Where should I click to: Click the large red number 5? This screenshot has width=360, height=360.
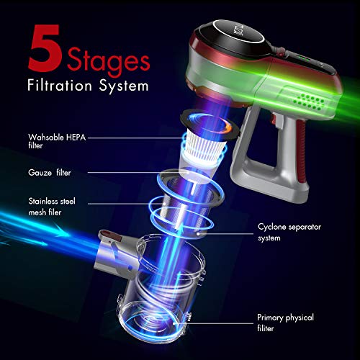[x=45, y=48]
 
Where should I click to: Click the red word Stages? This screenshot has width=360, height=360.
[x=109, y=62]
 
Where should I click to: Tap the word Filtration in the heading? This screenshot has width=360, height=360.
[x=60, y=85]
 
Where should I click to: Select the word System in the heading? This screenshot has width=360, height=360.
[x=124, y=86]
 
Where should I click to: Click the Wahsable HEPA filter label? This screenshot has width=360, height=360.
[x=57, y=141]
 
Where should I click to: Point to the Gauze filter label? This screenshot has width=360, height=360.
[x=50, y=173]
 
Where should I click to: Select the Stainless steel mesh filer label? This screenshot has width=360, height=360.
[x=52, y=207]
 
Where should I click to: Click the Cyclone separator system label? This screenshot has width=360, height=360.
[x=289, y=233]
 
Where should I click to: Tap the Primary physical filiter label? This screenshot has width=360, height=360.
[x=285, y=323]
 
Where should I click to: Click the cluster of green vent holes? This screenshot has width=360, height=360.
[x=309, y=102]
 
